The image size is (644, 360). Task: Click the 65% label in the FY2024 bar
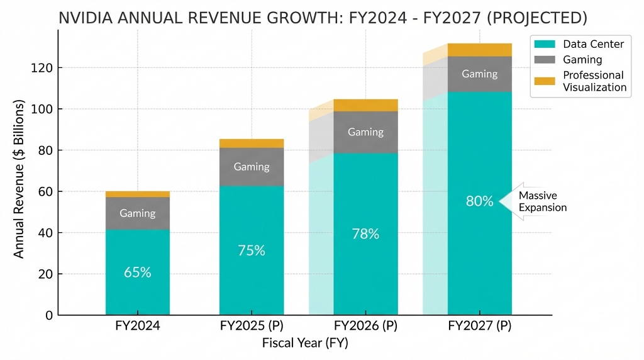point(137,273)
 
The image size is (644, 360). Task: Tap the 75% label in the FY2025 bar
point(251,250)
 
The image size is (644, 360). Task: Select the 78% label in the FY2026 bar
point(365,233)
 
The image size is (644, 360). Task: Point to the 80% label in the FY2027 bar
point(479,201)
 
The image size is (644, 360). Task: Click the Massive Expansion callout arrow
point(535,201)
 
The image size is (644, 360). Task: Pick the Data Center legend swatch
point(544,44)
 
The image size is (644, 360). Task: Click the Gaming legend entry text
point(582,60)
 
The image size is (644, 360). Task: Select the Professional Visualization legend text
point(594,81)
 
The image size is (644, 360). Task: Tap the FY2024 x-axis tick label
point(137,327)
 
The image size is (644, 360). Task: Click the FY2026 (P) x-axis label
point(365,327)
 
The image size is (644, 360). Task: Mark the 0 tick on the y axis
point(48,315)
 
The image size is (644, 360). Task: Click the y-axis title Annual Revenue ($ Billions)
point(19,177)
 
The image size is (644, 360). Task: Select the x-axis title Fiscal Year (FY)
point(304,344)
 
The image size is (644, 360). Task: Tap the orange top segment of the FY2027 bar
point(479,50)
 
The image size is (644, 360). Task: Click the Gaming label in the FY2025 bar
point(251,167)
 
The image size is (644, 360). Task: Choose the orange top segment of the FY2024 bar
point(137,194)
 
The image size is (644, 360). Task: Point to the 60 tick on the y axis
point(45,191)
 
